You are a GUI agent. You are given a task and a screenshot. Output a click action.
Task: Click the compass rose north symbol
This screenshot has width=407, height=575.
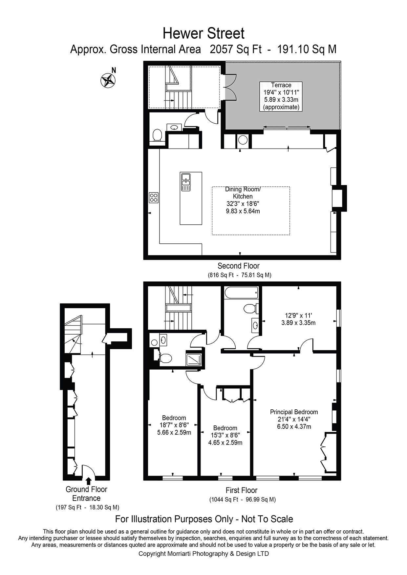click(108, 80)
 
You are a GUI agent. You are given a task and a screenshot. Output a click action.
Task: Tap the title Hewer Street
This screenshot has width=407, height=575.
click(203, 33)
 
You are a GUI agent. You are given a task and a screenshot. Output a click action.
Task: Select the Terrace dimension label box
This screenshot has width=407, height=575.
click(281, 96)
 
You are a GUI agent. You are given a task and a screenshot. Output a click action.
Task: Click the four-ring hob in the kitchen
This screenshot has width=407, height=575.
click(154, 197)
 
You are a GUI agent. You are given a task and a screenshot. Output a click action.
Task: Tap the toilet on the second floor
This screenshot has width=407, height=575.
click(158, 135)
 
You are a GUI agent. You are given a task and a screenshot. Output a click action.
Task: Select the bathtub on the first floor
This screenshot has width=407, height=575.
click(241, 292)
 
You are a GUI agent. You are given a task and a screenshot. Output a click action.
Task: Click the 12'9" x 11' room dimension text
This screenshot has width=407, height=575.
click(298, 319)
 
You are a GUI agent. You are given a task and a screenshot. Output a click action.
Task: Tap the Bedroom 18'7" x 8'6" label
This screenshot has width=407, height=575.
click(174, 425)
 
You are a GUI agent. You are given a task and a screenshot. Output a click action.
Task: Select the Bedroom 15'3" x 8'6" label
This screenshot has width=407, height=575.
click(225, 435)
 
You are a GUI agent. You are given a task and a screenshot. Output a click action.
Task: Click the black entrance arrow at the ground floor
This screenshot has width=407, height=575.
click(88, 481)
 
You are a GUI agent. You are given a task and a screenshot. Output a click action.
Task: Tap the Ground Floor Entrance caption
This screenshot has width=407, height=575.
click(86, 494)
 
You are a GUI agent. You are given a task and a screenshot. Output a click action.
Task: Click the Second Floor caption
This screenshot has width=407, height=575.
click(239, 266)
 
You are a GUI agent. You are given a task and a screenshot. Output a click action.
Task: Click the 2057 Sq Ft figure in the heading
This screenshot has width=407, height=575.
click(235, 50)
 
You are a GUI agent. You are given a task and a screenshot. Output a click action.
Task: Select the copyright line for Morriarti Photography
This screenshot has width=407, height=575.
click(203, 554)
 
